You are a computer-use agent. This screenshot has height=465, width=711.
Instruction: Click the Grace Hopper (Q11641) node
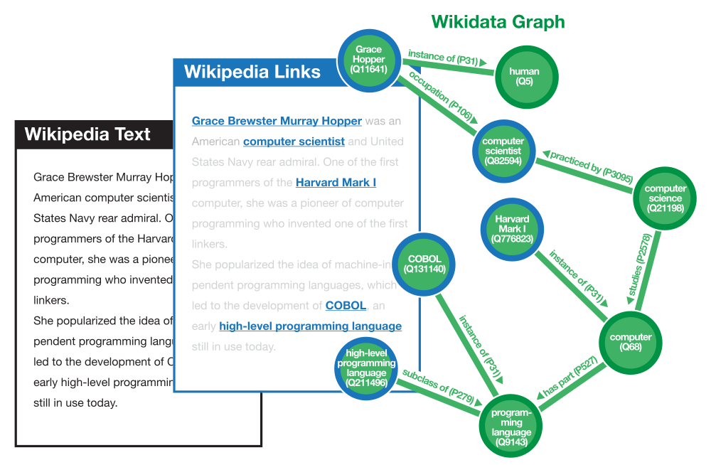coord(369,59)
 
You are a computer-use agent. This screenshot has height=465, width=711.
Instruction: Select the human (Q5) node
coord(525,76)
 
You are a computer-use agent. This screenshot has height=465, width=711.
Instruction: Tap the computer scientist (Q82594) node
coord(503,151)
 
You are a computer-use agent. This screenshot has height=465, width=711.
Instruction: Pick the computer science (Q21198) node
coord(665,198)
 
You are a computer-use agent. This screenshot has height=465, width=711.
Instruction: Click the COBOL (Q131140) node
coord(424,264)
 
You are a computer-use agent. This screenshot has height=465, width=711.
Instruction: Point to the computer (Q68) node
coord(631,342)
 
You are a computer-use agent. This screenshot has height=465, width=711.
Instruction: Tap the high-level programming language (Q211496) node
coord(367,368)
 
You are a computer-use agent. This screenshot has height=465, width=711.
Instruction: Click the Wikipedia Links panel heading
coord(252,72)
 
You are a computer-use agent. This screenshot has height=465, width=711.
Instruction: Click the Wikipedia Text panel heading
coord(87,134)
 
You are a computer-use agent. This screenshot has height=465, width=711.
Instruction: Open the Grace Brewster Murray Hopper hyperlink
coord(277,121)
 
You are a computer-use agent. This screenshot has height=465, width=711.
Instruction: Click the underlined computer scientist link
coord(294,141)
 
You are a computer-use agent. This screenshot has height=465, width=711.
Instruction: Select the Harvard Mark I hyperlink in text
coord(336,183)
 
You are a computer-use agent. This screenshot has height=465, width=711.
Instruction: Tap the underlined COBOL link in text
coord(346,306)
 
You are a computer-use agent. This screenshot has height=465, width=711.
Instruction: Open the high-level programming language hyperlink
coord(310,326)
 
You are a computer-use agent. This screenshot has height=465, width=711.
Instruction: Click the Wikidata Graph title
coord(498,22)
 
